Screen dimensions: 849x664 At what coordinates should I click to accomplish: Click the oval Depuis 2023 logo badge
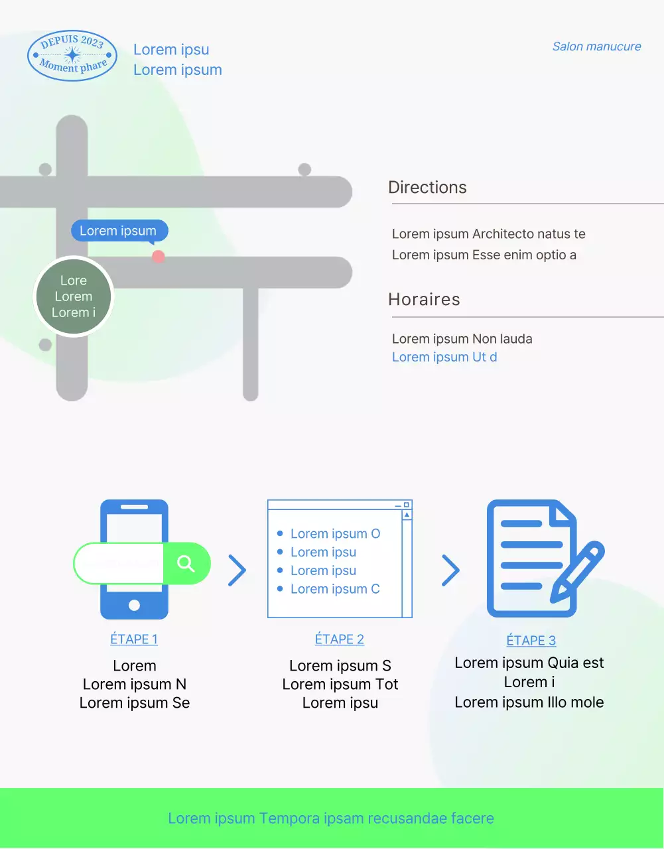[72, 56]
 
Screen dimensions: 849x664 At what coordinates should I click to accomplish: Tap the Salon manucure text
[596, 46]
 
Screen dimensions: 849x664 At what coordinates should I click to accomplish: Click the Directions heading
[427, 187]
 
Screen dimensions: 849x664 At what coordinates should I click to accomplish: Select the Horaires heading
[424, 299]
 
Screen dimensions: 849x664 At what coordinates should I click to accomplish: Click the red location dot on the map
[158, 256]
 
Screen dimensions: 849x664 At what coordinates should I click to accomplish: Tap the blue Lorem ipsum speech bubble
[119, 231]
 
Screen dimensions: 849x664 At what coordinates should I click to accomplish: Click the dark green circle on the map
[74, 296]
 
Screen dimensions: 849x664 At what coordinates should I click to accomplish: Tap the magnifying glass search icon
[186, 564]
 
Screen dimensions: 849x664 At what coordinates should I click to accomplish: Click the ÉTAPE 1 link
[134, 639]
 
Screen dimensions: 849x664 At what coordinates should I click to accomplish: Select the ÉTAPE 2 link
[340, 639]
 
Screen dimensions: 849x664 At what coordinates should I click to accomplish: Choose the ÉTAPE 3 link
[531, 641]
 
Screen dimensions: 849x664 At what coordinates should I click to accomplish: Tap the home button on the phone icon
[134, 605]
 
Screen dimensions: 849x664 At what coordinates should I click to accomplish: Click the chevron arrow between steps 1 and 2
[237, 570]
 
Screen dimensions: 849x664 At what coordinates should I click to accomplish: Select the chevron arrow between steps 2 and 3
[450, 570]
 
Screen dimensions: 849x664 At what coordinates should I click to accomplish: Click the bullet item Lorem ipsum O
[335, 534]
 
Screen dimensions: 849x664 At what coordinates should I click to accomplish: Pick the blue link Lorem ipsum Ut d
[444, 358]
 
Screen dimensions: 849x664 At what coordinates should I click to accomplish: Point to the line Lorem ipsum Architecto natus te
[488, 234]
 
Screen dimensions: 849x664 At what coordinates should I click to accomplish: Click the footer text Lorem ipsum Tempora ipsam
[331, 818]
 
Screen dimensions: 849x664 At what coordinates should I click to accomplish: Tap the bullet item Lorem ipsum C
[335, 589]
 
